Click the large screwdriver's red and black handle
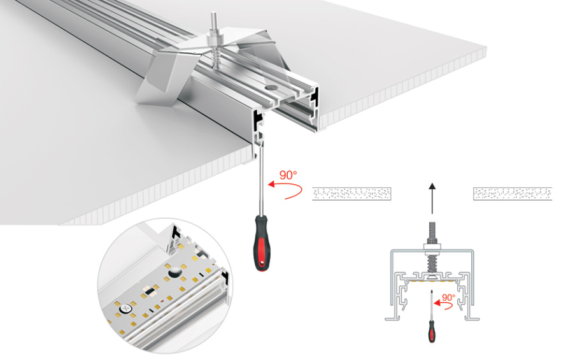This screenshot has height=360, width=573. [261, 242]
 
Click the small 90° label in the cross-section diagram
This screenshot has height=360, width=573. [448, 298]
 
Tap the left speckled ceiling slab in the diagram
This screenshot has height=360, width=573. [351, 194]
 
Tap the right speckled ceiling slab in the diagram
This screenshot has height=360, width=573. [513, 194]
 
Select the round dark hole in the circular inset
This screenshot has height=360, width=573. [173, 272]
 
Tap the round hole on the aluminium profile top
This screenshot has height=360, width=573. [271, 85]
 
